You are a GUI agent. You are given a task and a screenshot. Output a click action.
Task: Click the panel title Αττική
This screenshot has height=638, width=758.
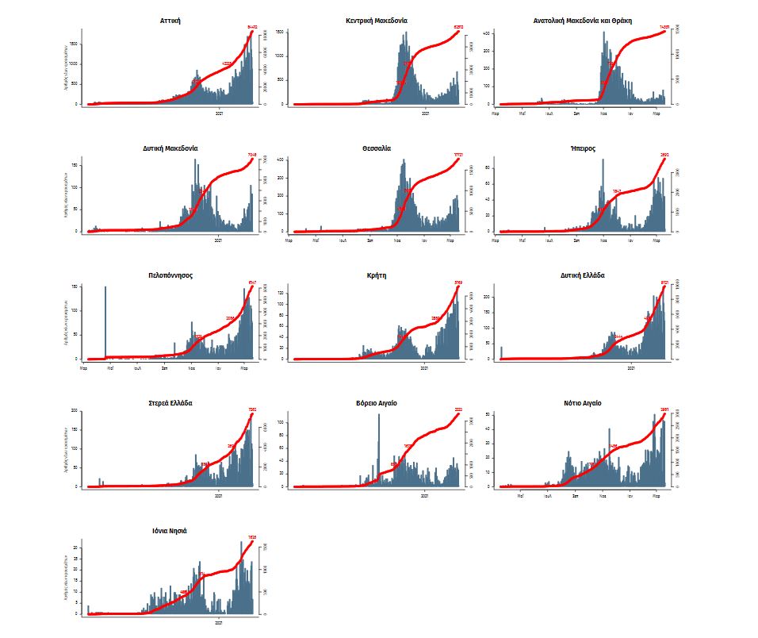point(170,20)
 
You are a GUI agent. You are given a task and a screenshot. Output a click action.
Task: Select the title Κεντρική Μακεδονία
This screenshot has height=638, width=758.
point(377,20)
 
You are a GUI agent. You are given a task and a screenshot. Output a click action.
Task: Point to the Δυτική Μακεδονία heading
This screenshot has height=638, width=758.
point(170,148)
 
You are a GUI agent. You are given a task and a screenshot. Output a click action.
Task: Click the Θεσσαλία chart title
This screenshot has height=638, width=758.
point(377,148)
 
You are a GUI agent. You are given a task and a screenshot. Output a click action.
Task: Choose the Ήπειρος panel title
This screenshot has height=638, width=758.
point(584,148)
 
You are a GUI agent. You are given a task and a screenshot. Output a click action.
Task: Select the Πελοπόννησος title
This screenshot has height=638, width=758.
point(170,275)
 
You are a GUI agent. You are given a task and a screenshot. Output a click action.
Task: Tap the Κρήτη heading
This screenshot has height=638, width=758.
point(377,275)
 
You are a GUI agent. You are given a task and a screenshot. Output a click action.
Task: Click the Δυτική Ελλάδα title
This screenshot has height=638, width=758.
point(584,275)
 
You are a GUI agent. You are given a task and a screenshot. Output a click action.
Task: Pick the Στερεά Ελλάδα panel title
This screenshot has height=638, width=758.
point(170,403)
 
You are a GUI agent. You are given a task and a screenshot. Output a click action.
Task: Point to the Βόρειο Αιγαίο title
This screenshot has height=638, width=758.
point(377,403)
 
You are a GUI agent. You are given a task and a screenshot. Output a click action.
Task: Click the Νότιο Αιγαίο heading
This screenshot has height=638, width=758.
point(584,403)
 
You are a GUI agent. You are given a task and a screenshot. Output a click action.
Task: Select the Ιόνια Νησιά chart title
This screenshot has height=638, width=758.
point(170,531)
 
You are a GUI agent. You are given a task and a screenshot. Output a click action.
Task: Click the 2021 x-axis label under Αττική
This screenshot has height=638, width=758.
point(220,112)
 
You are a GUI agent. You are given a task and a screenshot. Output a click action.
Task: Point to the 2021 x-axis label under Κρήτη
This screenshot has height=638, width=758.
point(426,367)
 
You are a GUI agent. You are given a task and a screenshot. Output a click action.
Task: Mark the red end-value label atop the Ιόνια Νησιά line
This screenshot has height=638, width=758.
point(251,538)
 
